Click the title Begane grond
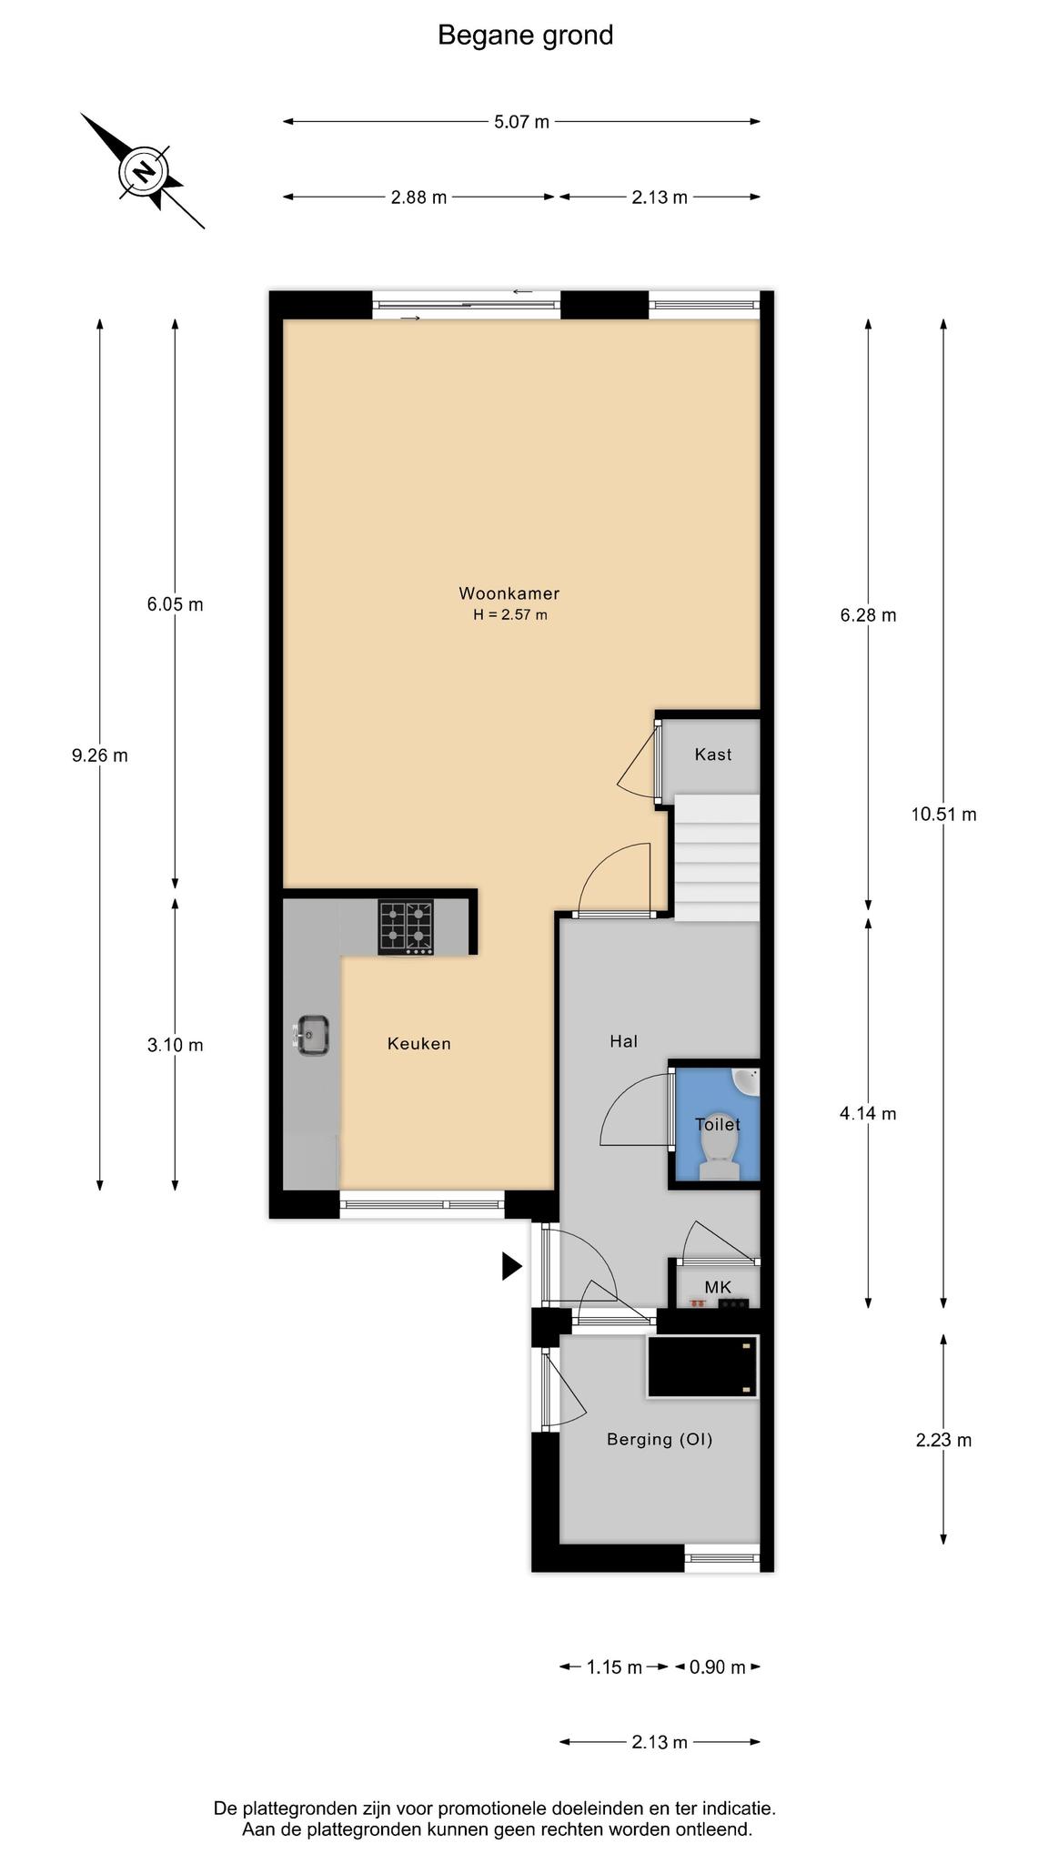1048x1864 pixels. [x=525, y=35]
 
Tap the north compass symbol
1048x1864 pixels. [x=143, y=171]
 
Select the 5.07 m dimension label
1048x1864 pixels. [x=521, y=122]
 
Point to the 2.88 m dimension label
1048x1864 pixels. [x=418, y=197]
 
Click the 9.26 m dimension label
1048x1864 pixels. [x=100, y=755]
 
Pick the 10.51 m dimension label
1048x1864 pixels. [x=943, y=815]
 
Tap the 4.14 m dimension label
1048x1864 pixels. [x=868, y=1113]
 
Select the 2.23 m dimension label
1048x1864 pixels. [x=943, y=1440]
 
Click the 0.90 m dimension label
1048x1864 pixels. [x=717, y=1667]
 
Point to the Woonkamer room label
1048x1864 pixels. [x=509, y=593]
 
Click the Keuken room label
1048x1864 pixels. [x=419, y=1044]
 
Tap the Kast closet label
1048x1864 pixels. [x=713, y=755]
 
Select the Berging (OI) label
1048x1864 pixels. [x=660, y=1439]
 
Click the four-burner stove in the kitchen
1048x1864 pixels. [x=406, y=927]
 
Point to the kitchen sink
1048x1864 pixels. [x=311, y=1036]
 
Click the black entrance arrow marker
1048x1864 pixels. [x=512, y=1266]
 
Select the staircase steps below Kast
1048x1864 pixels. [x=717, y=857]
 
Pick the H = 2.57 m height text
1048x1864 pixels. [x=509, y=615]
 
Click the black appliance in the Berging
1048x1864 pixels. [x=702, y=1366]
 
